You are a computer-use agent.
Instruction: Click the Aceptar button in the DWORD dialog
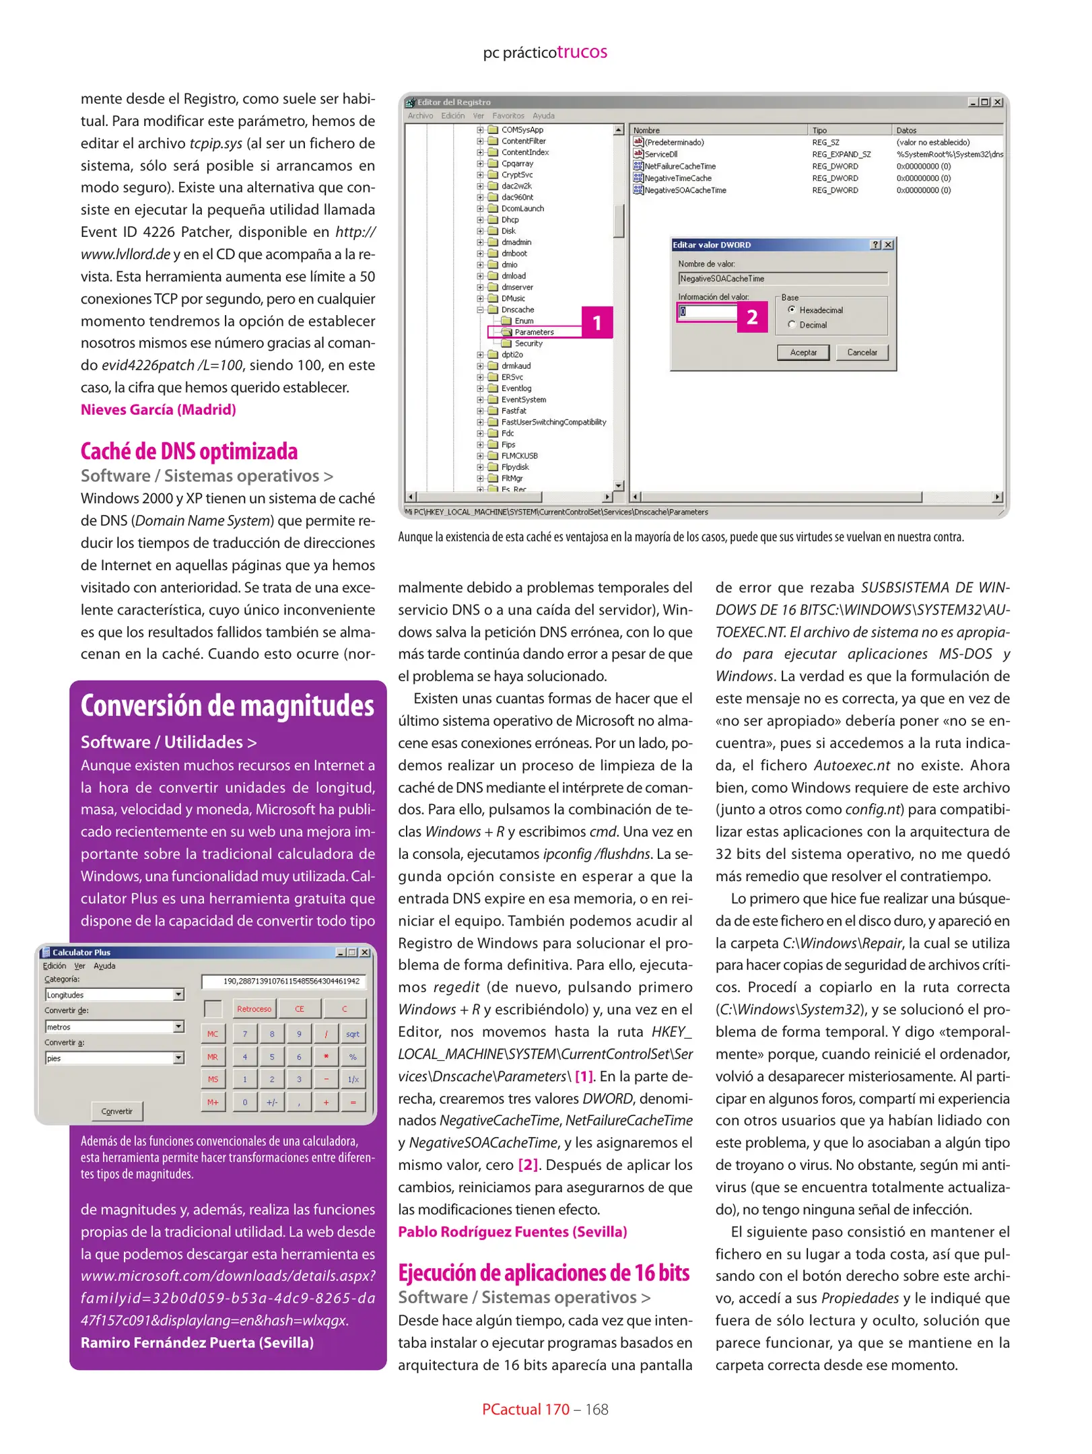803,352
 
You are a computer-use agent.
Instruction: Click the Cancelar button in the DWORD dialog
861,352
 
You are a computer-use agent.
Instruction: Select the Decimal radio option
792,324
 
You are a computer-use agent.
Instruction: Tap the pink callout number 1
596,322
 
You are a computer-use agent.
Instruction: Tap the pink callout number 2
752,316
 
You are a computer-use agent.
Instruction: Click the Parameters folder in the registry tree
533,332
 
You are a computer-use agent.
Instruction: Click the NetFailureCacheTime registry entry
679,166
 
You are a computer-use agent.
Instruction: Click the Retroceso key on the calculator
254,1008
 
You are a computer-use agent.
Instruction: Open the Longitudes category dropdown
178,994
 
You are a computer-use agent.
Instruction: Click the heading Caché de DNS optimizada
189,451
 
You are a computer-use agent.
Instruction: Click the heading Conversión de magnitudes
227,705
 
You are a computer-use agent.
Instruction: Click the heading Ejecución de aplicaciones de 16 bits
543,1272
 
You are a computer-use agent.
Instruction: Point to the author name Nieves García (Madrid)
158,409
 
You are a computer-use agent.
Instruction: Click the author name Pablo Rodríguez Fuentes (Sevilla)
512,1231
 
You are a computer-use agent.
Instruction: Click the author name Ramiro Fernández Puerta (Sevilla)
197,1342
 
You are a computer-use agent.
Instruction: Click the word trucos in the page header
582,52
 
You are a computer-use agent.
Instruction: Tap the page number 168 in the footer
596,1409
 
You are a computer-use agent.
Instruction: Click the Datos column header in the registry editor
906,130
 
